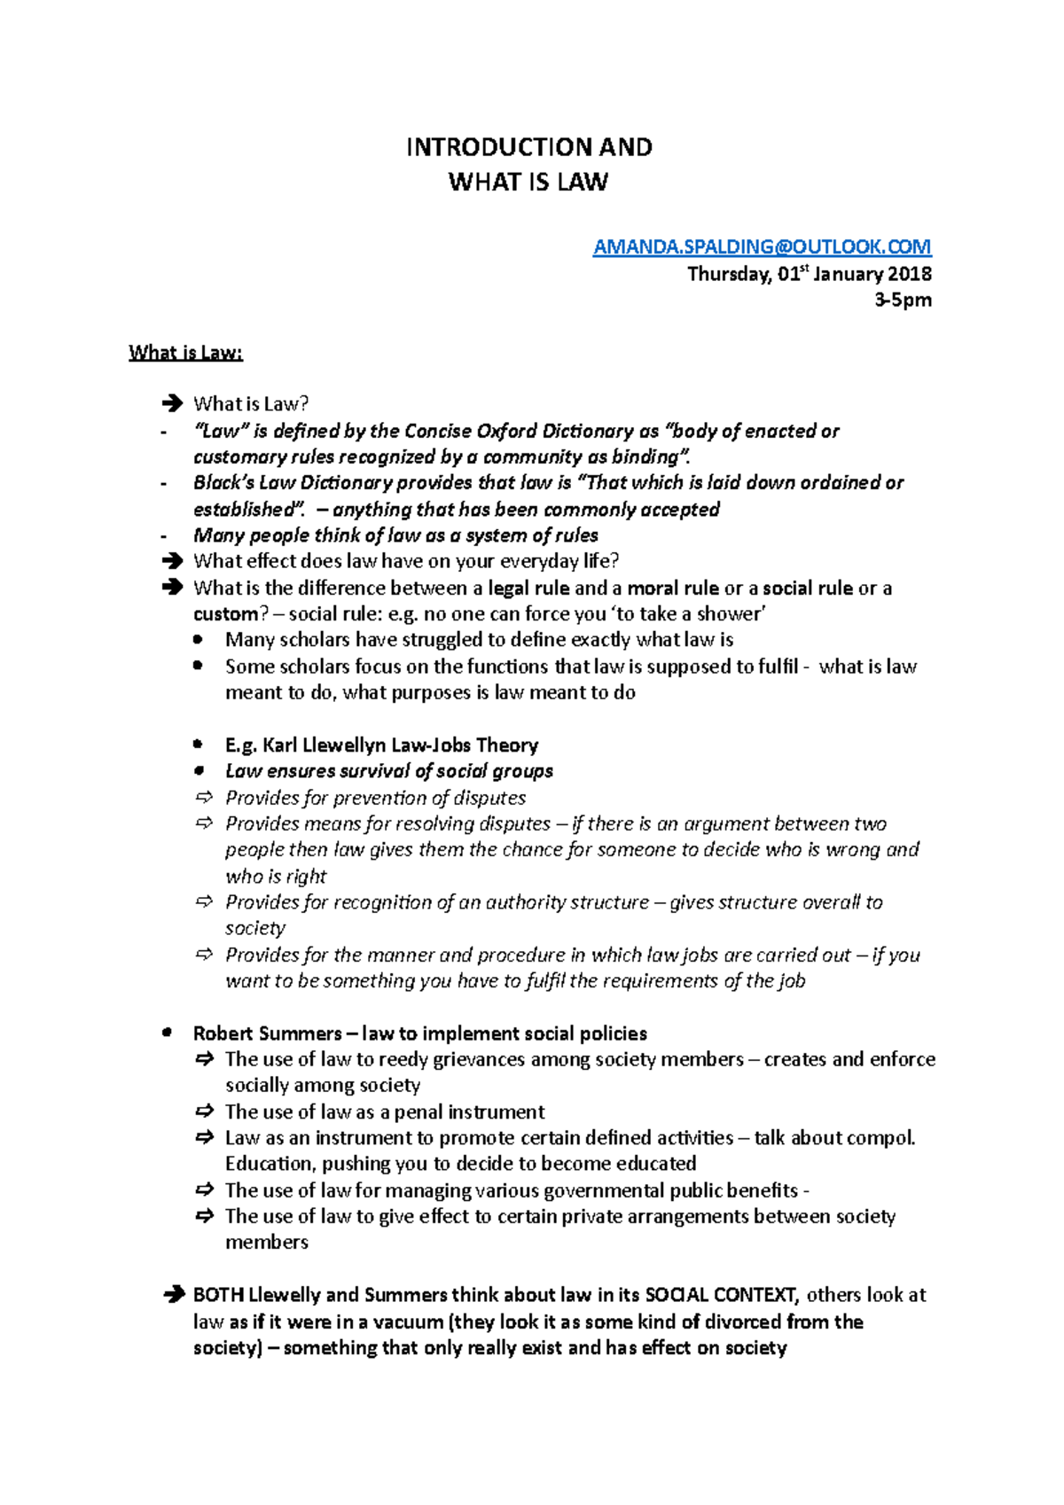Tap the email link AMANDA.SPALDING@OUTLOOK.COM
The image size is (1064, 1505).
coord(762,246)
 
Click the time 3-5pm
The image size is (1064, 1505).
coord(903,300)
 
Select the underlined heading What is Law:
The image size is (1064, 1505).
coord(185,353)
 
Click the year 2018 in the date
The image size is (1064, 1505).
coord(910,274)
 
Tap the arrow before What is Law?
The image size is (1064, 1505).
coord(172,404)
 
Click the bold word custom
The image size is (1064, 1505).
coord(225,614)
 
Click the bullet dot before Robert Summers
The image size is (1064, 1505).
coord(167,1033)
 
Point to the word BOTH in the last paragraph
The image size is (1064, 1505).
coord(218,1295)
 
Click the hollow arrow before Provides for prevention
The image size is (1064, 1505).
coord(205,797)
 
